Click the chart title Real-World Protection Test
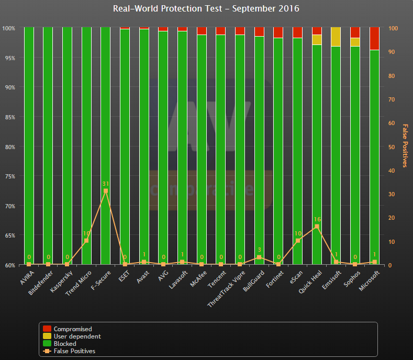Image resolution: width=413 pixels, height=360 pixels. coord(206,9)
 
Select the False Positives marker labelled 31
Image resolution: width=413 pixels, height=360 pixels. coord(105,191)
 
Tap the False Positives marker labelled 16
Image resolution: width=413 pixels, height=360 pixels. coord(317,227)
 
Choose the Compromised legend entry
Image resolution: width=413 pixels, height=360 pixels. coord(73,329)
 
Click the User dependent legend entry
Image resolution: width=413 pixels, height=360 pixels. coord(77,336)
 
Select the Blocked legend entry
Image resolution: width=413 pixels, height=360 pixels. coord(65,344)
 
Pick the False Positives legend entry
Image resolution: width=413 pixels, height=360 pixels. coord(74,351)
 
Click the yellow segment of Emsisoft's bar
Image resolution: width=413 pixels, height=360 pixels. coord(336,37)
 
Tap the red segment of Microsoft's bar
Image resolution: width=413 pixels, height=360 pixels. coord(374,38)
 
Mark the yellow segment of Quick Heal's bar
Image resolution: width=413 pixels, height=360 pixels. coord(317,40)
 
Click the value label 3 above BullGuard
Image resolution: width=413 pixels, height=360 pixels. coord(259,250)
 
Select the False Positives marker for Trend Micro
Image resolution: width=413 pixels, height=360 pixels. coord(86,241)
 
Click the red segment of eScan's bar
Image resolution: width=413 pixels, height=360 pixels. coord(297,32)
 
